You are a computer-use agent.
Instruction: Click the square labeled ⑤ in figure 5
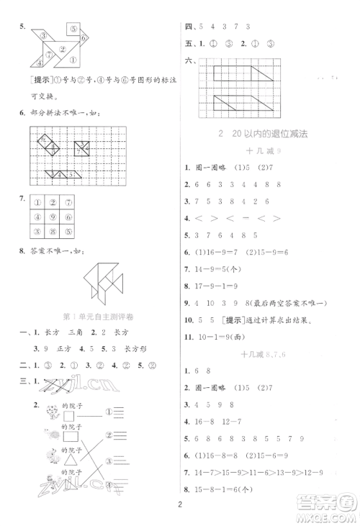[x=73, y=29]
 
